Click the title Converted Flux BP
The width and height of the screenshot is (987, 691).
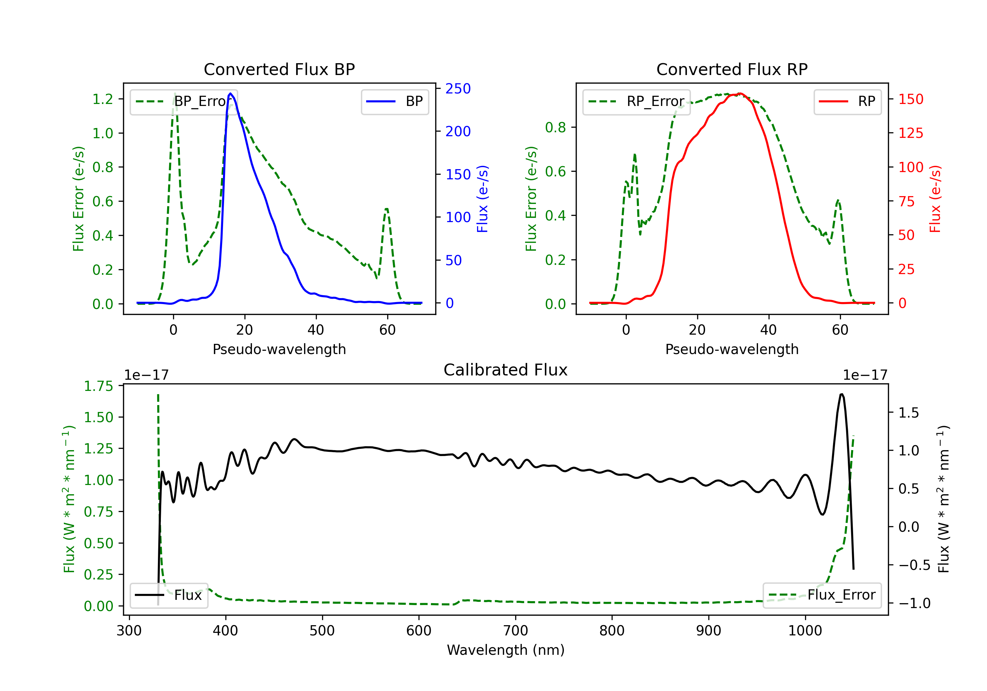click(x=279, y=69)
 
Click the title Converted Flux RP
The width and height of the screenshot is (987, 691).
click(x=732, y=69)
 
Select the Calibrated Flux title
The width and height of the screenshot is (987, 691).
click(x=506, y=370)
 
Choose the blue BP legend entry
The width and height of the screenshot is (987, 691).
click(x=394, y=101)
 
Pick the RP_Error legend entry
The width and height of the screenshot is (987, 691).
click(x=636, y=101)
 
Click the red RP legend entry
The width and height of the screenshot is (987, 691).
click(x=847, y=101)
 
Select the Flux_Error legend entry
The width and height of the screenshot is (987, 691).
click(x=822, y=595)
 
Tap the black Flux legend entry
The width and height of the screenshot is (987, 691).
click(x=168, y=595)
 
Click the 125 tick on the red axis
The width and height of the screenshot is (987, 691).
click(x=910, y=133)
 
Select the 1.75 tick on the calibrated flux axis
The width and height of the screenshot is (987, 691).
click(x=98, y=386)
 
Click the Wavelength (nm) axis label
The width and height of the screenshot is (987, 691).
click(x=506, y=650)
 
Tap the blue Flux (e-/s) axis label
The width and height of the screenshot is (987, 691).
click(x=483, y=199)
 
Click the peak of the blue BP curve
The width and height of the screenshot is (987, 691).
click(x=230, y=93)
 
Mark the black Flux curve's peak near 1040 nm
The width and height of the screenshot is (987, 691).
click(x=841, y=394)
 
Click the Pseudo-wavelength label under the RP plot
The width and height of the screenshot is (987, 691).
click(x=732, y=349)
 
